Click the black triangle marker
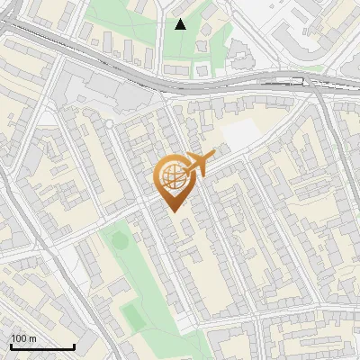coord(180,24)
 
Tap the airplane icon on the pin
coord(196,165)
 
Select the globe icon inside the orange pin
coord(171,178)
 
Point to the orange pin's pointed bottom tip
coord(174,211)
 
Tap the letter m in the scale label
coord(33,338)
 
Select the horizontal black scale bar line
coord(42,347)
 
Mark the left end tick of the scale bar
coord(11,346)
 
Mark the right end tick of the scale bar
coord(74,346)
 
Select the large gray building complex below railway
coord(94,90)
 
